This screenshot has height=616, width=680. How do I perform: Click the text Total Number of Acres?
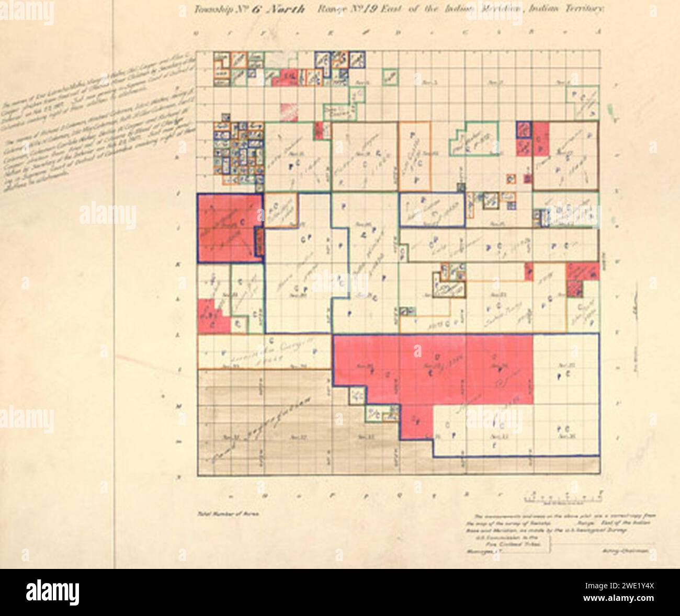(228, 514)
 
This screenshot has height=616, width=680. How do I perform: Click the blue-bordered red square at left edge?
(229, 227)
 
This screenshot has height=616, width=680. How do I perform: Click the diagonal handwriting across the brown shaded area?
(262, 429)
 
